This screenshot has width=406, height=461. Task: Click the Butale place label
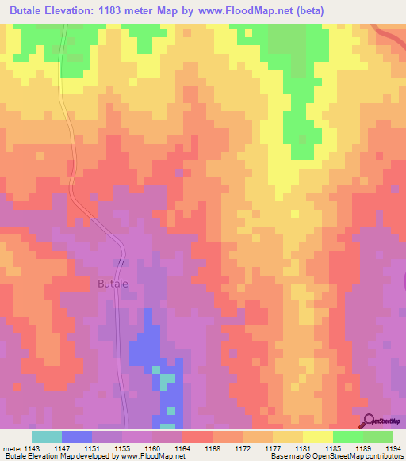pos(111,283)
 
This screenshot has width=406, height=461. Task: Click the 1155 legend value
pos(124,448)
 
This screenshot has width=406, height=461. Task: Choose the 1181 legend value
pos(303,448)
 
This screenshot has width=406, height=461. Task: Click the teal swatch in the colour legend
pos(47,436)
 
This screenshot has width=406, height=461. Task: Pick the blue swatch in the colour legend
pos(77,436)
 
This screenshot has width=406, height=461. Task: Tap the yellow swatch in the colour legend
pos(318,436)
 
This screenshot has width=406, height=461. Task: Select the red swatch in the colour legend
pos(197,436)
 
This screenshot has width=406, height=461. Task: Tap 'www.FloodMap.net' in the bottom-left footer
pos(147,456)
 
